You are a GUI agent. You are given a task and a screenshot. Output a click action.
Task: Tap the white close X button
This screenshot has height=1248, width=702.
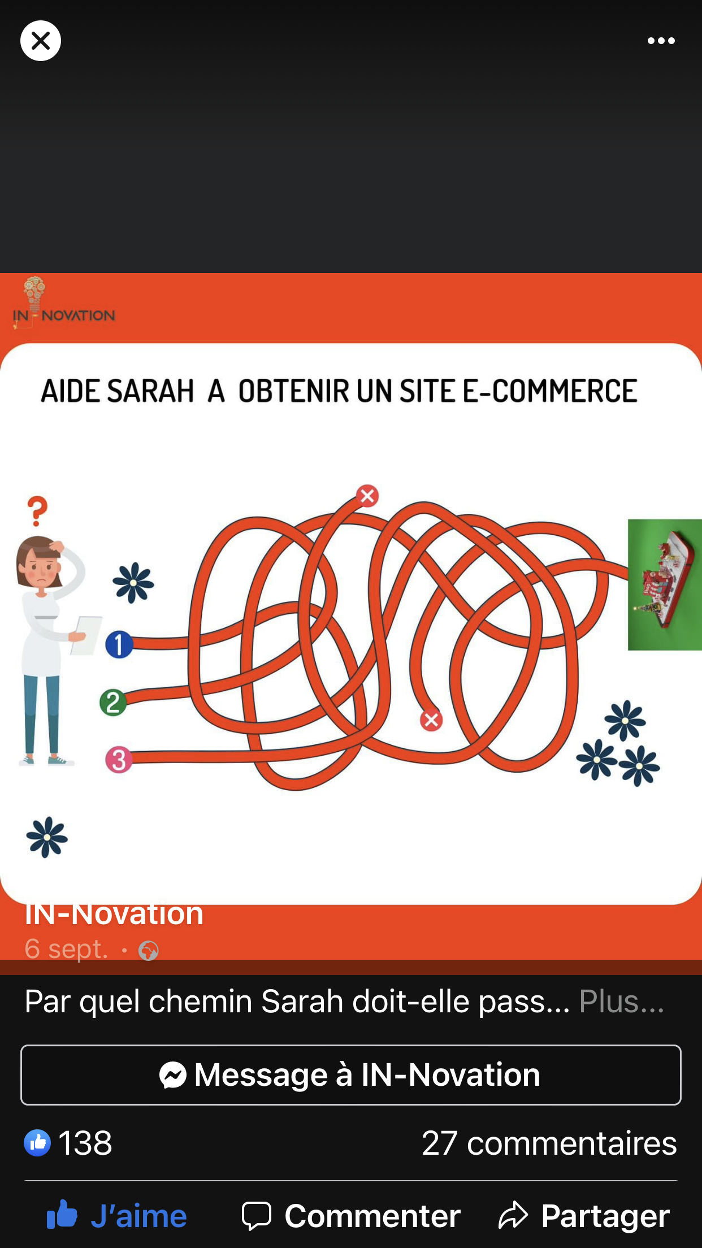coord(41,41)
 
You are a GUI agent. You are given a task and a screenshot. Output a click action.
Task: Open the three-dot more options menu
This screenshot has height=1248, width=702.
coord(661,41)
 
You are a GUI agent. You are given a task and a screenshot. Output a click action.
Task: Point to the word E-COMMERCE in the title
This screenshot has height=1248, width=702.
coord(550,391)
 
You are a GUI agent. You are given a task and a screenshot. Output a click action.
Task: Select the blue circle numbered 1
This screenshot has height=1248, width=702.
coord(119,645)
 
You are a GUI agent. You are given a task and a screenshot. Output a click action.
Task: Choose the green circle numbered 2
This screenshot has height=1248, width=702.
coord(113,703)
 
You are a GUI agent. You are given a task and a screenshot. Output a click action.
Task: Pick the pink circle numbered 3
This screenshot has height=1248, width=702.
coord(119,760)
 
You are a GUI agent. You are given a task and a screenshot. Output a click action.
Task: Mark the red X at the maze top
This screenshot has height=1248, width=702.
coord(367,496)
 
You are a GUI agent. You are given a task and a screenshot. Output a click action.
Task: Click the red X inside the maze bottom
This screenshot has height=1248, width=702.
coord(431,720)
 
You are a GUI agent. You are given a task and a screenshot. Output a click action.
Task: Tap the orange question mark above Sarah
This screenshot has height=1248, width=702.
coord(38,511)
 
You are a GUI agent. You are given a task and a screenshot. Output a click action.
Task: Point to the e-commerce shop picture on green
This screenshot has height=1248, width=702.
coord(665,584)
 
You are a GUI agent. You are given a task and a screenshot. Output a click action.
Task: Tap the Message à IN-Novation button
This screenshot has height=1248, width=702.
coord(350,1074)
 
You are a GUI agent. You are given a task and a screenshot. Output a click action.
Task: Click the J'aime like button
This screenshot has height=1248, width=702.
coord(116,1216)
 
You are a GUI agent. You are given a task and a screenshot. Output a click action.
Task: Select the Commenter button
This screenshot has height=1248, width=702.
coord(351,1216)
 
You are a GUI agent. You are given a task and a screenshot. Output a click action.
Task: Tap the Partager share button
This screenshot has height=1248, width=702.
coord(584,1216)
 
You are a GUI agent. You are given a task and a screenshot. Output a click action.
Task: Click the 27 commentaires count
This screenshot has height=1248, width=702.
coord(549,1143)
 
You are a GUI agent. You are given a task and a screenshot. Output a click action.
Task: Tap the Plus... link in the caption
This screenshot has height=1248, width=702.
coord(621,1002)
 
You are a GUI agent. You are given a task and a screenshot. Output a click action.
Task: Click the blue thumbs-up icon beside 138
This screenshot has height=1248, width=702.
coord(37,1143)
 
